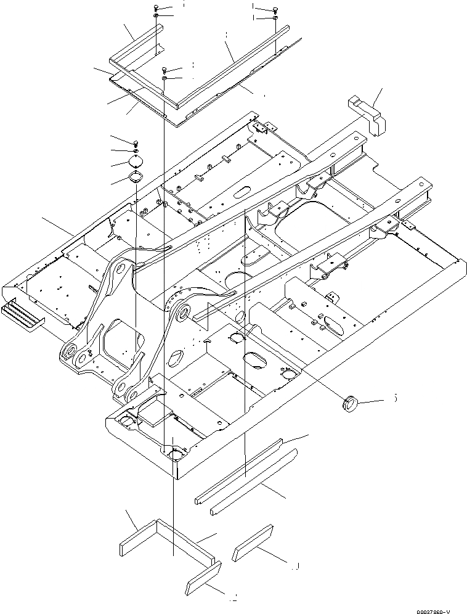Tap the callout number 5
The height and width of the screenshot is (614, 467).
point(394,399)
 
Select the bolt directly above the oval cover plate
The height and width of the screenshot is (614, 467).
point(136,143)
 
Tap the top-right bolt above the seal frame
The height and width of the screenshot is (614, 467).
point(274,9)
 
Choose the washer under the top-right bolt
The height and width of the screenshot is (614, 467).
point(274,18)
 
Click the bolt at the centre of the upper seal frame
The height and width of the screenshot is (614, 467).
point(165,70)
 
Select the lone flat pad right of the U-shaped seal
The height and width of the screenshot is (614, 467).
point(253,542)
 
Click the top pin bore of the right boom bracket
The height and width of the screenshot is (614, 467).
point(182,314)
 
